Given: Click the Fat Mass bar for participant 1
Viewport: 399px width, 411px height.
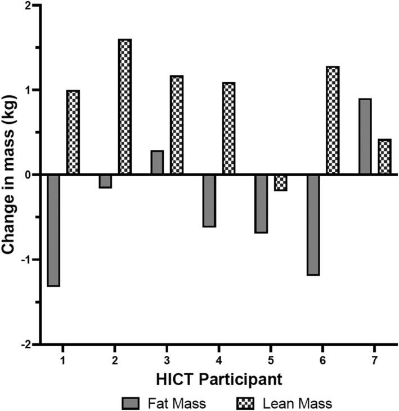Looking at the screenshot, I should [x=53, y=230].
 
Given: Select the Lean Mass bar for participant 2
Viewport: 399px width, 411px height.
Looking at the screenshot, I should [x=125, y=107].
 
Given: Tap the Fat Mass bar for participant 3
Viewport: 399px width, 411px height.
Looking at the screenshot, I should [x=157, y=163].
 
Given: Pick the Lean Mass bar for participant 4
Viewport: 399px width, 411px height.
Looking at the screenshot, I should [x=228, y=128].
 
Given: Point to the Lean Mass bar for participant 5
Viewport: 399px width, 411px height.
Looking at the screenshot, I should [x=281, y=182].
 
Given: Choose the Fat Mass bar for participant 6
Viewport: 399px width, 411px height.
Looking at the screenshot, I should [x=313, y=225].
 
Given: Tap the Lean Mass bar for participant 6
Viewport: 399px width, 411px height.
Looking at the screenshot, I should [x=333, y=120].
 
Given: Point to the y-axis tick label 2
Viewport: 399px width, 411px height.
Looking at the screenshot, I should [x=29, y=6].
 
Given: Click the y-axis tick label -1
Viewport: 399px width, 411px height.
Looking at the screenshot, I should [x=27, y=260].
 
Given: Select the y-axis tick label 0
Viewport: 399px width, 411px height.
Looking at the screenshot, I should [x=29, y=175].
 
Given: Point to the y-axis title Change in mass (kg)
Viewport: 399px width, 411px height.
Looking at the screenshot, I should [x=10, y=175].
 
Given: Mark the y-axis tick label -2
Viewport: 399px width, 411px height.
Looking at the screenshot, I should [x=27, y=344].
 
